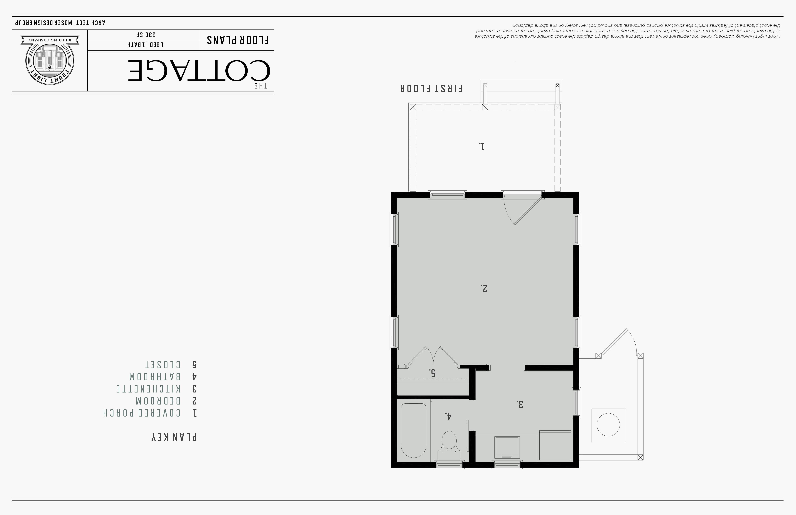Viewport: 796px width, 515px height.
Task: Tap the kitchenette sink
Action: pyautogui.click(x=507, y=447)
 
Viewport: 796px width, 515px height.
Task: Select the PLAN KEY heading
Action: pyautogui.click(x=174, y=437)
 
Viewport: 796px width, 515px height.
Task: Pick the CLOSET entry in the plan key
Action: pyautogui.click(x=162, y=364)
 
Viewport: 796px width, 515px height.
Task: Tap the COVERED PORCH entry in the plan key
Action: pyautogui.click(x=142, y=413)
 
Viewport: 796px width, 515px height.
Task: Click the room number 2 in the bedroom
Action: pyautogui.click(x=484, y=288)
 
